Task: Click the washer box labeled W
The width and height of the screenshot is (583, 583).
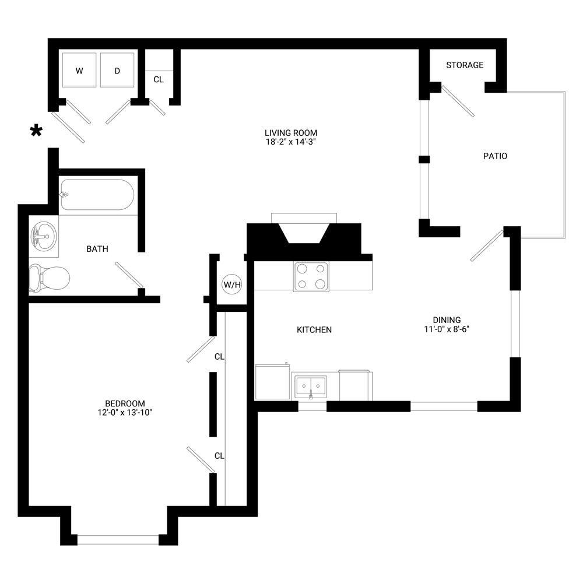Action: click(x=79, y=70)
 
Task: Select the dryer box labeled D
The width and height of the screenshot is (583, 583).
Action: click(x=117, y=70)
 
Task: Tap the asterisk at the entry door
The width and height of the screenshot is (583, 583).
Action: click(x=36, y=131)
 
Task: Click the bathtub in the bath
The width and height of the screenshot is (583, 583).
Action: click(x=97, y=195)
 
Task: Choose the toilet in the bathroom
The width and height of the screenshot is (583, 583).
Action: click(x=50, y=278)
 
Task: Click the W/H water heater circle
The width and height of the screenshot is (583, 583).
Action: click(x=231, y=285)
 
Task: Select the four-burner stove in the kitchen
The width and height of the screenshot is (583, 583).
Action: click(x=311, y=276)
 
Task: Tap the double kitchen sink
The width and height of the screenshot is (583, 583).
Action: click(x=311, y=387)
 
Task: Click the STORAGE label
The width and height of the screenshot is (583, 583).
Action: click(x=465, y=65)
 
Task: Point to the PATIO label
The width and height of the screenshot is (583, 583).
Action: click(x=495, y=156)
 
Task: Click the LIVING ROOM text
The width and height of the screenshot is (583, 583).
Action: click(x=291, y=133)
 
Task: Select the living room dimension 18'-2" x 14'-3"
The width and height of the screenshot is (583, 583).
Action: click(x=291, y=142)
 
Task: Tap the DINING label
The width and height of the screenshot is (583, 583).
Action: click(x=447, y=319)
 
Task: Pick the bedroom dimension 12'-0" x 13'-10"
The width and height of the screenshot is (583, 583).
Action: click(x=125, y=412)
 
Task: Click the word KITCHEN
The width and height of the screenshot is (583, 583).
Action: click(x=314, y=329)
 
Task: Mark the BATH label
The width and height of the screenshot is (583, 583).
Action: click(x=97, y=249)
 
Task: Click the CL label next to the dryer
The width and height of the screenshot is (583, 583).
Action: click(x=159, y=79)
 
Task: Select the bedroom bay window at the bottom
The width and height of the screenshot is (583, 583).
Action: click(x=118, y=539)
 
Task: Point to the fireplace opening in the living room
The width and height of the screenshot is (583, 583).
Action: click(x=304, y=233)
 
